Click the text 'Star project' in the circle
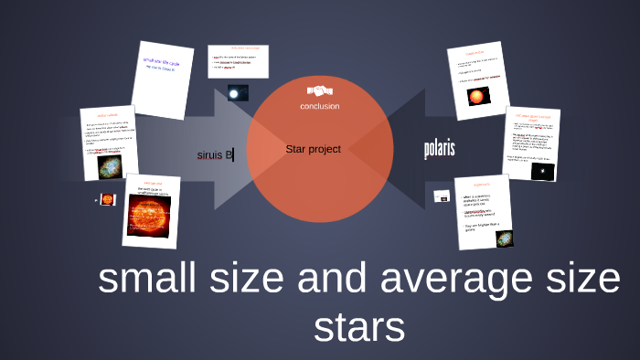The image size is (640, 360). click(313, 149)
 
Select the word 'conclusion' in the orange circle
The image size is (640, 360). click(319, 106)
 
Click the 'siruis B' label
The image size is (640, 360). click(215, 154)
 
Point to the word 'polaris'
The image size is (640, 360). click(439, 149)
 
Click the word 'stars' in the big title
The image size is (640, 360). click(357, 326)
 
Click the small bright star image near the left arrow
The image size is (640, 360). click(237, 93)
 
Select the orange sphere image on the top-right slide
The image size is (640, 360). click(478, 95)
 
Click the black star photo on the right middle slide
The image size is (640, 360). click(542, 171)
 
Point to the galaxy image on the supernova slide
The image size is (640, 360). click(503, 238)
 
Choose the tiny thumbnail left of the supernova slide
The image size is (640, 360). click(442, 195)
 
